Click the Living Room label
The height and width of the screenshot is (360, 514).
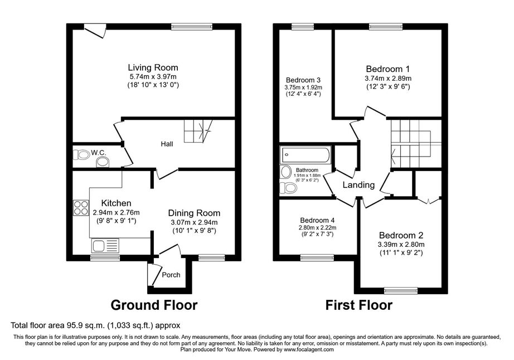pyautogui.click(x=153, y=68)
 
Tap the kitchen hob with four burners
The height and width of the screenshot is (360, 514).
pyautogui.click(x=81, y=208)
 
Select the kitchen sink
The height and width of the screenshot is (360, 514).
pyautogui.click(x=105, y=246)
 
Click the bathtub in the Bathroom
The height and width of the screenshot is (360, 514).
pyautogui.click(x=306, y=155)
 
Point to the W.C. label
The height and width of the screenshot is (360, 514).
pyautogui.click(x=98, y=153)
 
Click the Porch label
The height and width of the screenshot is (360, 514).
pyautogui.click(x=171, y=275)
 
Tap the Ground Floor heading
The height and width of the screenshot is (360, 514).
pyautogui.click(x=154, y=305)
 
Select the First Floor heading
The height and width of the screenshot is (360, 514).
pyautogui.click(x=358, y=305)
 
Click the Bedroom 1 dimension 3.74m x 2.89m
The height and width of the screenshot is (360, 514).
pyautogui.click(x=388, y=79)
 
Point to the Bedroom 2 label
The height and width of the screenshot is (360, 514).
pyautogui.click(x=401, y=235)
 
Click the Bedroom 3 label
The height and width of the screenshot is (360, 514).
pyautogui.click(x=303, y=80)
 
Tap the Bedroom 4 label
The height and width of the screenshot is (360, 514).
pyautogui.click(x=317, y=221)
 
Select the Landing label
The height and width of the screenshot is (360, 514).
pyautogui.click(x=358, y=185)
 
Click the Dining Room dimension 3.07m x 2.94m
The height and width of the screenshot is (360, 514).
pyautogui.click(x=194, y=222)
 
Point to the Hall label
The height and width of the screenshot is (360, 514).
pyautogui.click(x=167, y=144)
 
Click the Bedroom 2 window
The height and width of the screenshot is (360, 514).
pyautogui.click(x=401, y=290)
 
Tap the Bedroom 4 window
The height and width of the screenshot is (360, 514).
pyautogui.click(x=317, y=258)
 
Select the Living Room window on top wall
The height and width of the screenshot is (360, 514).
pyautogui.click(x=192, y=27)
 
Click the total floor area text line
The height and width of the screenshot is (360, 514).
pyautogui.click(x=95, y=325)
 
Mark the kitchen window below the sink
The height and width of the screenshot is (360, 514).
pyautogui.click(x=105, y=258)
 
